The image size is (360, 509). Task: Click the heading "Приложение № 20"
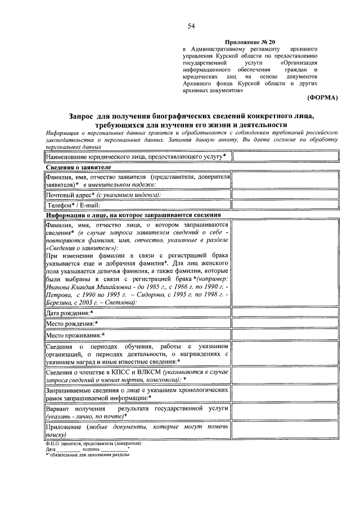(251, 42)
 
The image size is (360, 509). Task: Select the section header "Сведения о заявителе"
(78, 168)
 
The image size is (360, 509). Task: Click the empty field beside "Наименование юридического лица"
(285, 156)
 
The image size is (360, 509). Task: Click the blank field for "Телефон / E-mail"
(285, 206)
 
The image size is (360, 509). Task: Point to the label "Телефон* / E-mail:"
(76, 206)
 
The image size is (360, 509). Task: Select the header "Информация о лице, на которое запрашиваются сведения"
(129, 215)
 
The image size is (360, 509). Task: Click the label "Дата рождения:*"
(70, 313)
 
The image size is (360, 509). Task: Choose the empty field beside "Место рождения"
(285, 324)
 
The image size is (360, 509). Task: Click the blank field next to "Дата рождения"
(285, 313)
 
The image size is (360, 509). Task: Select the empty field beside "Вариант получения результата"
(285, 412)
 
